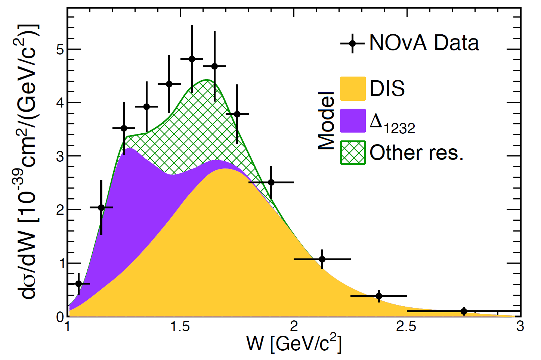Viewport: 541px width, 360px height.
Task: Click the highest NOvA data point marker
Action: [192, 59]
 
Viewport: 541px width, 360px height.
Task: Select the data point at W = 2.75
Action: [464, 311]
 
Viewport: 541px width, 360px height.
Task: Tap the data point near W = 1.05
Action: [78, 283]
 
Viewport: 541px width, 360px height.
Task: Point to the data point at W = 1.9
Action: [271, 182]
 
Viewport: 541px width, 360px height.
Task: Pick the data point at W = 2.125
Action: [322, 259]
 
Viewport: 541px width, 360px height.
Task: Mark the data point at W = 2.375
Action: [379, 296]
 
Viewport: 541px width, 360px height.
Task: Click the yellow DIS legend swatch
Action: [352, 89]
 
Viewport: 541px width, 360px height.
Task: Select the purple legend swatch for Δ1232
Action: [352, 121]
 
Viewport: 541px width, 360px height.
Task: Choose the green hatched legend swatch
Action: [352, 152]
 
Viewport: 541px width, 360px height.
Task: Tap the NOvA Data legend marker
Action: [352, 43]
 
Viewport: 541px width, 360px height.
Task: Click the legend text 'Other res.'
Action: [416, 152]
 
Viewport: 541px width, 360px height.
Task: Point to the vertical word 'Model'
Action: [326, 121]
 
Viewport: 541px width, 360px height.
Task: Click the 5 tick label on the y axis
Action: [60, 49]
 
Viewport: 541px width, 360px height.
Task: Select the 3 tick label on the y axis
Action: [60, 156]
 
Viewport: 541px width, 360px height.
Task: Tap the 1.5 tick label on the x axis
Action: [180, 327]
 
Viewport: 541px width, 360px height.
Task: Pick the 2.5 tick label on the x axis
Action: [406, 327]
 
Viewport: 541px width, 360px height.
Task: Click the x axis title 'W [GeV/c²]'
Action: [294, 343]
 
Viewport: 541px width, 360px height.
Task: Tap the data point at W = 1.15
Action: [101, 207]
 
